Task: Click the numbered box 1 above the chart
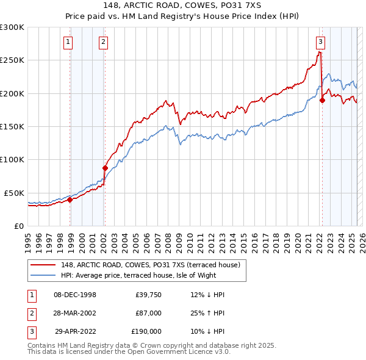[x=67, y=42]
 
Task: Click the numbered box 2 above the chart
[x=104, y=42]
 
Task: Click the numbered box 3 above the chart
[x=320, y=42]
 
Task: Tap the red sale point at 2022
[x=322, y=101]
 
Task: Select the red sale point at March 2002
[x=105, y=168]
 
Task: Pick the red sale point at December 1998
[x=70, y=199]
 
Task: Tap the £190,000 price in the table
[x=146, y=331]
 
